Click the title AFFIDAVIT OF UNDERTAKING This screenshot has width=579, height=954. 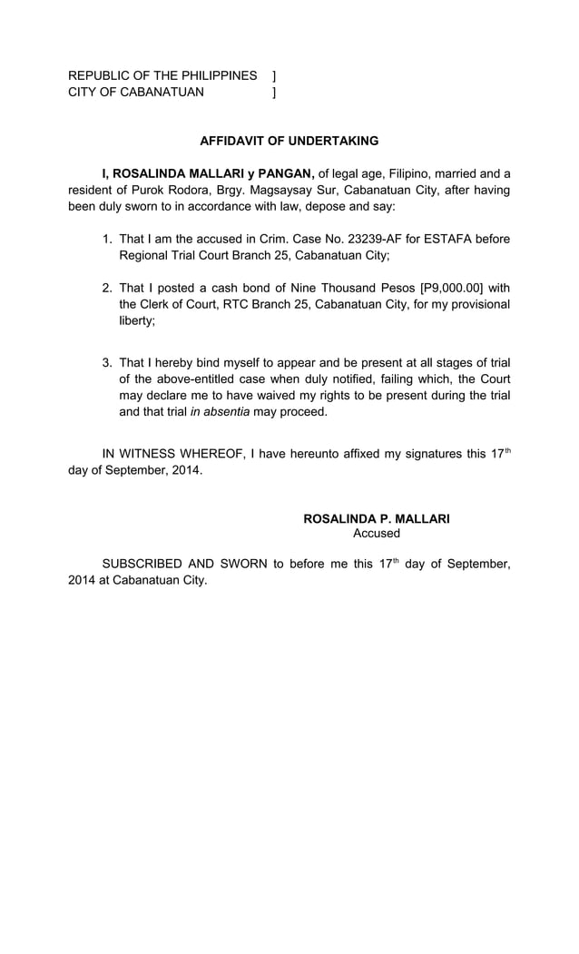pyautogui.click(x=289, y=141)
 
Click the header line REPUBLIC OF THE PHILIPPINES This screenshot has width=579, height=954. pyautogui.click(x=162, y=75)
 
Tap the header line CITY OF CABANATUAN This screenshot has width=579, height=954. pyautogui.click(x=136, y=92)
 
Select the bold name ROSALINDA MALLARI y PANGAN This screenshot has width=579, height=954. pyautogui.click(x=208, y=173)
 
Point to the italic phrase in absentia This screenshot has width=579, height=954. pyautogui.click(x=220, y=411)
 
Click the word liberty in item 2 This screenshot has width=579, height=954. pyautogui.click(x=140, y=320)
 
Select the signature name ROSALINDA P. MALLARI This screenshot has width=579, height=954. pyautogui.click(x=376, y=519)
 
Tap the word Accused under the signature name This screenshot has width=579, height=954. pyautogui.click(x=376, y=535)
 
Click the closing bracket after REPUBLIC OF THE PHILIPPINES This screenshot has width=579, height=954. pyautogui.click(x=274, y=75)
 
